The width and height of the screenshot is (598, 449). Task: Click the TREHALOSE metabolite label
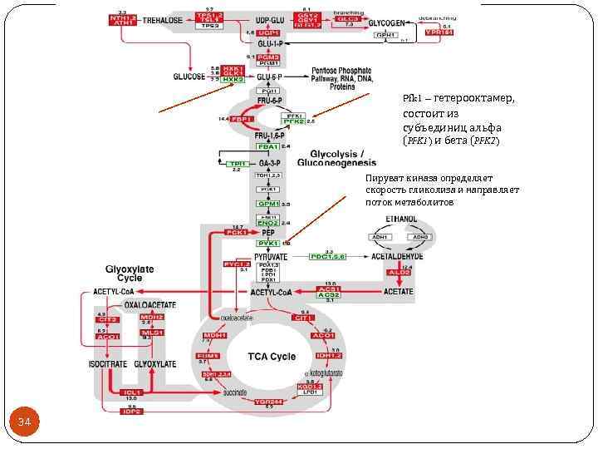coord(164,21)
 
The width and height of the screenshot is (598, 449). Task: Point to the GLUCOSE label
coord(189,76)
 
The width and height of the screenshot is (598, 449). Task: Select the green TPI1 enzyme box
coord(236,164)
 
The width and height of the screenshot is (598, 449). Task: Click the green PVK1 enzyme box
coord(267,243)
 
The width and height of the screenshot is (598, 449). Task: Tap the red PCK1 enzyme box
coord(237,233)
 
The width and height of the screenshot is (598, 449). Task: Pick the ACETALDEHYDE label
coord(397,257)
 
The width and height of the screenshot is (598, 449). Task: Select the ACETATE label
coord(398,292)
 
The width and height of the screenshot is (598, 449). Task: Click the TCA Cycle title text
coord(272,357)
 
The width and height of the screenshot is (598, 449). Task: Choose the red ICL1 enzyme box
coord(131,392)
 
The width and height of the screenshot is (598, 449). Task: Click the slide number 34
coord(24,424)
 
